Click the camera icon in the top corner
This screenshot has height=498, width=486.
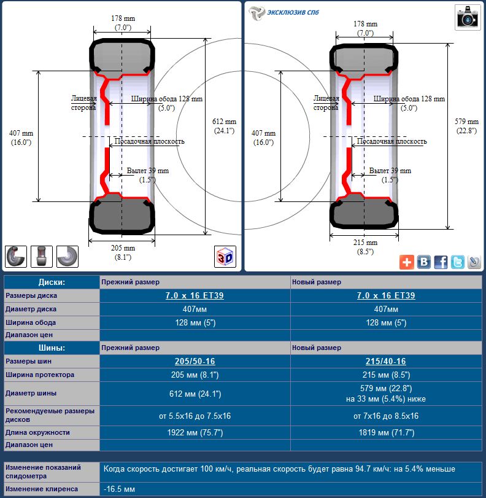click(x=467, y=17)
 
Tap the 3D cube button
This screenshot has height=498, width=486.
click(x=225, y=257)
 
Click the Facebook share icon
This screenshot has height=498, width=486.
click(x=441, y=262)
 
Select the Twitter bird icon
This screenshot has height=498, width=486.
click(x=458, y=262)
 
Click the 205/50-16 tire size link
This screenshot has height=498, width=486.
click(x=195, y=362)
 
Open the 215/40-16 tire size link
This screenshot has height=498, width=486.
click(x=385, y=362)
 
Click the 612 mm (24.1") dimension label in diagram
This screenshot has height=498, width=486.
click(x=225, y=126)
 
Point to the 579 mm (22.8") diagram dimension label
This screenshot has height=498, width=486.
click(x=468, y=126)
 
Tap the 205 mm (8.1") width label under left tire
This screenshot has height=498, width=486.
click(x=123, y=252)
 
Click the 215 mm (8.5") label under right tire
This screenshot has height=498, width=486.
click(x=366, y=247)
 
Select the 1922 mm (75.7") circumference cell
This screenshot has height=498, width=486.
click(x=195, y=432)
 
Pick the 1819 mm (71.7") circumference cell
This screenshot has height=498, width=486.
click(x=385, y=432)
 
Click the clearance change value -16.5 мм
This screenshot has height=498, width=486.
click(x=120, y=489)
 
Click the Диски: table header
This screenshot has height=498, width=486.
click(x=52, y=282)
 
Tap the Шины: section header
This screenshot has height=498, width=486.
click(x=52, y=348)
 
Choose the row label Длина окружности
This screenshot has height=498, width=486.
click(x=38, y=432)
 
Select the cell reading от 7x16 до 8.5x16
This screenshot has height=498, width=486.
click(x=385, y=416)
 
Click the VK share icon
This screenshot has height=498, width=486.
click(x=423, y=262)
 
